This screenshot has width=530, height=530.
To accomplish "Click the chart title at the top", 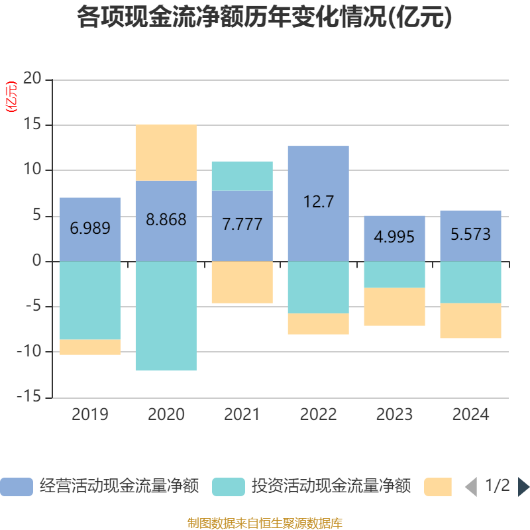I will click(x=264, y=18).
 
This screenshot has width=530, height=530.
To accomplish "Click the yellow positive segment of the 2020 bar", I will click(x=166, y=152).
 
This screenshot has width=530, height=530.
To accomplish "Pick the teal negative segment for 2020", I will click(x=166, y=316).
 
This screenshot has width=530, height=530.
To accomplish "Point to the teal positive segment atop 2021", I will click(x=242, y=176).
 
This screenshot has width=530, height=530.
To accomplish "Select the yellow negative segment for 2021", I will click(x=242, y=282).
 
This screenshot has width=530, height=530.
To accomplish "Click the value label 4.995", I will click(x=394, y=236).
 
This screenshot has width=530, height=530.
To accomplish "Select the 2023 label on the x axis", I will click(x=394, y=415).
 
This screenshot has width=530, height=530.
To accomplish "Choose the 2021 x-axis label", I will click(x=242, y=415).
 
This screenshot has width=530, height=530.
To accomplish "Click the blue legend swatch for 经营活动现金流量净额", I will click(x=16, y=487).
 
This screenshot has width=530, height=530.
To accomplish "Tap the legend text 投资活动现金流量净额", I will click(x=331, y=487).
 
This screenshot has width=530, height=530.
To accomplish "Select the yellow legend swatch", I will click(x=437, y=487).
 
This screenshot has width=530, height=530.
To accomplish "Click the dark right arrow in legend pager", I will click(x=523, y=487).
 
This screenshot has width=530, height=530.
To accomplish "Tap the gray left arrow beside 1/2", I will click(x=471, y=487).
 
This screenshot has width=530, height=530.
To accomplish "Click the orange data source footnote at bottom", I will click(x=264, y=523).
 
